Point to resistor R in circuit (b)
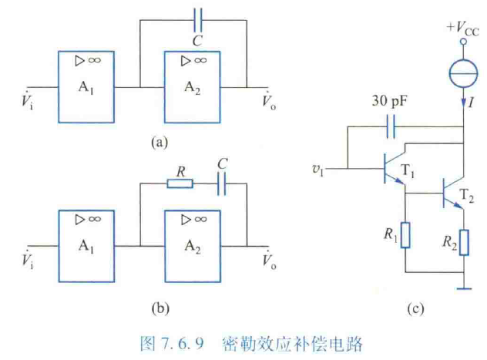tap(180, 183)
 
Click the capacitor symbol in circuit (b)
tap(221, 183)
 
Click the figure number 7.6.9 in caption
tap(179, 341)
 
